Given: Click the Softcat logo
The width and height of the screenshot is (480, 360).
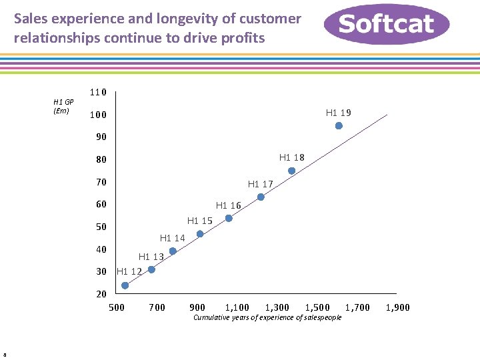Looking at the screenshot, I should (387, 24).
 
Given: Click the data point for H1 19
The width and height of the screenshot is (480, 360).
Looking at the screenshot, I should (339, 126).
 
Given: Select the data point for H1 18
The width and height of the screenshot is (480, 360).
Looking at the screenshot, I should (291, 171).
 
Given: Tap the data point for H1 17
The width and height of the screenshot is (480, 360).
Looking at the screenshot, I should (261, 197).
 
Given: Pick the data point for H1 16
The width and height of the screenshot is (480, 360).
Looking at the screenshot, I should (229, 218).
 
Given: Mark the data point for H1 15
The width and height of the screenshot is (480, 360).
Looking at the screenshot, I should (200, 234).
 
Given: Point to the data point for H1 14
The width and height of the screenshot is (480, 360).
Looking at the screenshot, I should (173, 251).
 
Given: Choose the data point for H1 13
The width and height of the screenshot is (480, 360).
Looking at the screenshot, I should (151, 269).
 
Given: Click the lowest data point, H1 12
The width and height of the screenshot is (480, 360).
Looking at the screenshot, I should (125, 285).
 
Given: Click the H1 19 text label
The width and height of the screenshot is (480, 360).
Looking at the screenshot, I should (338, 113).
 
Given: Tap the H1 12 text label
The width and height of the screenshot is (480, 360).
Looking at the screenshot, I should (129, 271).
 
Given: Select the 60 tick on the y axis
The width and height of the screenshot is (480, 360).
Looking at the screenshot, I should (101, 205).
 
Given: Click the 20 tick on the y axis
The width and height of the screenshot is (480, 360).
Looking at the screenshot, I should (101, 294).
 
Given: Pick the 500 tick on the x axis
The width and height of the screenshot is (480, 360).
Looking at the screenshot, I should (117, 307).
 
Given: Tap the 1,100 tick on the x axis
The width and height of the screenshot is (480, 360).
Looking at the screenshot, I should (237, 307).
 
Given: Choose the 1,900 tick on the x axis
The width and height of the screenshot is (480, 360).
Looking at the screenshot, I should (397, 307).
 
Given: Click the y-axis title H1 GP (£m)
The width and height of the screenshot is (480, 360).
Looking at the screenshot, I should (63, 107).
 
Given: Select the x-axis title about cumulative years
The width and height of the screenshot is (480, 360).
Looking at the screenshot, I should (267, 317).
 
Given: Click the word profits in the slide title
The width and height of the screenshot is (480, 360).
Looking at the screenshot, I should (243, 38).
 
